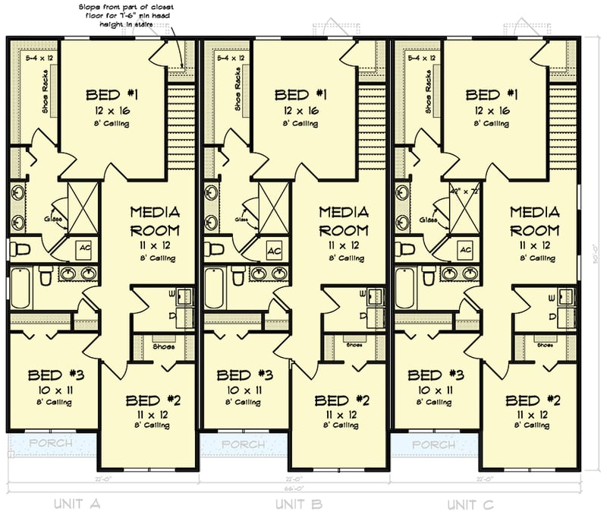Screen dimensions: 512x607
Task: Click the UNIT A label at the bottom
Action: click(x=83, y=503)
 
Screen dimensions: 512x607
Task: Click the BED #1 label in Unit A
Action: click(x=112, y=95)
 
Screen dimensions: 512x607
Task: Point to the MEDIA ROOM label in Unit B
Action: click(x=343, y=220)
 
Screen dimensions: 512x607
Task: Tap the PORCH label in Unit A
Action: click(x=52, y=443)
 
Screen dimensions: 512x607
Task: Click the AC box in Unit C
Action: click(x=466, y=250)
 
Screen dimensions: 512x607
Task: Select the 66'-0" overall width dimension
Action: click(x=295, y=489)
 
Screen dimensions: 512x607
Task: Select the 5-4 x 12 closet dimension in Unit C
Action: click(x=422, y=58)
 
